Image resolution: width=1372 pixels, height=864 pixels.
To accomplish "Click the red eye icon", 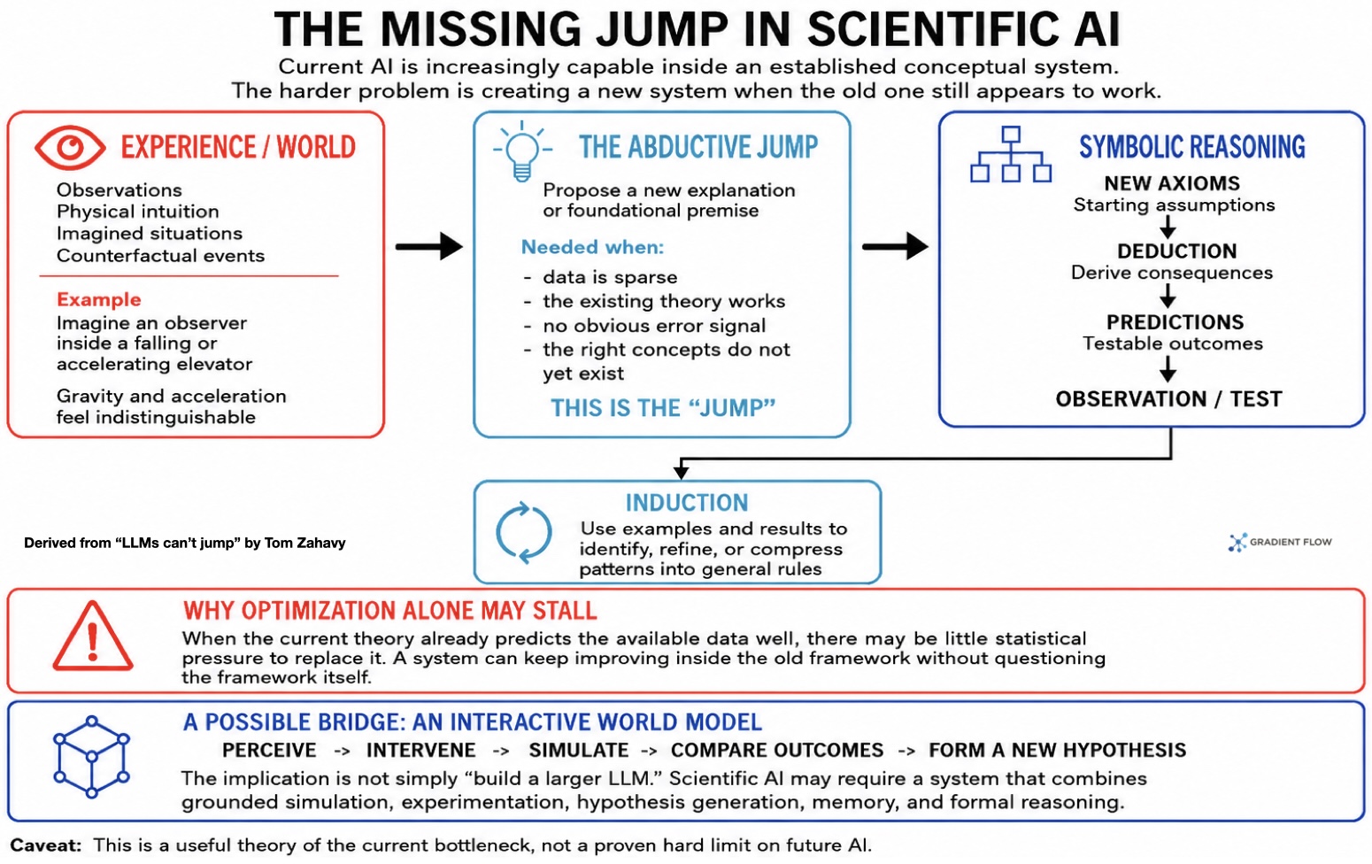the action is point(70,147).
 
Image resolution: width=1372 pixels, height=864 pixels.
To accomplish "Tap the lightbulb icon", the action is point(522,151).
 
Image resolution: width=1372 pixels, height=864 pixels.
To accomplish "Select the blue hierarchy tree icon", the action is point(1011,154).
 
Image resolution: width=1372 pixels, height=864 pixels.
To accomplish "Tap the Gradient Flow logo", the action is point(1280,543).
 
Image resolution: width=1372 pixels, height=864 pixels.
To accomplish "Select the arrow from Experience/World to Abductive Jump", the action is point(428,246).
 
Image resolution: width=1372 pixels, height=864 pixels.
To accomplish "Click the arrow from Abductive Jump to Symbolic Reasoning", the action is point(895,246).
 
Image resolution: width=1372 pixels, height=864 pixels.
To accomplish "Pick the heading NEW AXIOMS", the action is point(1172,183).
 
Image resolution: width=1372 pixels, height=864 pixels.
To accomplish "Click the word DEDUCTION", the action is point(1176,251).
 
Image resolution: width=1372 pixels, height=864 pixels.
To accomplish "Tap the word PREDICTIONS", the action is point(1175,322).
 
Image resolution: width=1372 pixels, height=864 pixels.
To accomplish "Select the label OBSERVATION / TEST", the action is point(1168,399).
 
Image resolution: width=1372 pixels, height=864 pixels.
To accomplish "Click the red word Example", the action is point(98,299).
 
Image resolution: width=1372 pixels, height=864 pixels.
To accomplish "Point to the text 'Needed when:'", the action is point(592,247).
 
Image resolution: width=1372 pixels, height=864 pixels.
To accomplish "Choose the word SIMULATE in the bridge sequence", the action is point(579,750).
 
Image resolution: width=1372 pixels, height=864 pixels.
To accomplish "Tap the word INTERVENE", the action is point(420,750).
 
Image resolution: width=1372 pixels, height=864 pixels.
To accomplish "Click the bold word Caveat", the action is point(46,845).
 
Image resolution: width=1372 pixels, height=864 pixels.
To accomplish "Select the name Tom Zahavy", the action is point(305,543).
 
